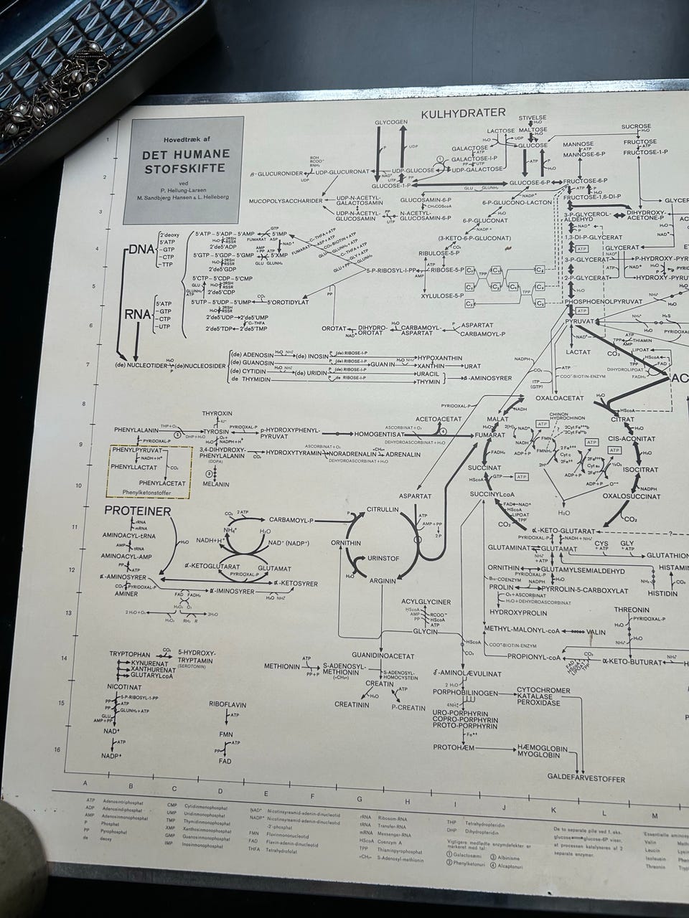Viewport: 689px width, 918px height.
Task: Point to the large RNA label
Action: [137, 313]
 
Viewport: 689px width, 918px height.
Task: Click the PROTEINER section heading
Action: [137, 511]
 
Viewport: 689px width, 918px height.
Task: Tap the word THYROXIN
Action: [217, 415]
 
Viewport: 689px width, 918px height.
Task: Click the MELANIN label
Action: [215, 485]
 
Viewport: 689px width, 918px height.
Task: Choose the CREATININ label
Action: [352, 705]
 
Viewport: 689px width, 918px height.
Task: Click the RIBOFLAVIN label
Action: [228, 705]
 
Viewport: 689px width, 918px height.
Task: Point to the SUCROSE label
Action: [636, 126]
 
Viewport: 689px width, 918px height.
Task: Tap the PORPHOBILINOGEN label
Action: [466, 694]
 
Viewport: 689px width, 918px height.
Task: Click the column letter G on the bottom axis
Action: [359, 799]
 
